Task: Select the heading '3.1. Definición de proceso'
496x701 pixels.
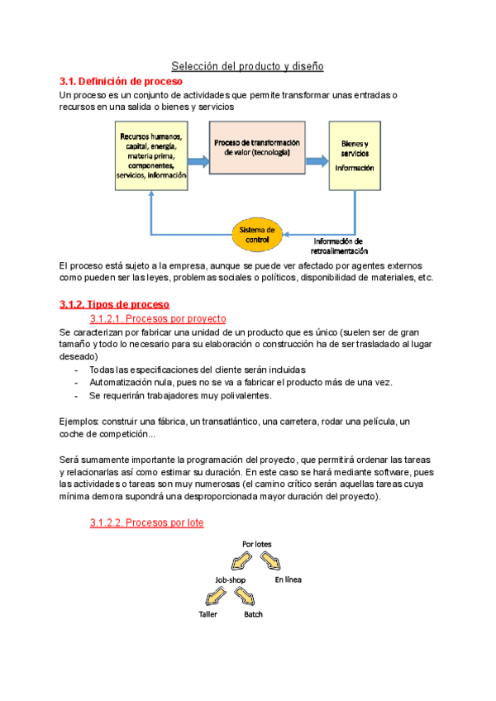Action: (121, 82)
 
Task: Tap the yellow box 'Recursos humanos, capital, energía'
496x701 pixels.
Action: (151, 155)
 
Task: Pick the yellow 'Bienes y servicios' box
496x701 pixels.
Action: (355, 155)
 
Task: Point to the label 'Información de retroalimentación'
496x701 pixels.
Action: (339, 246)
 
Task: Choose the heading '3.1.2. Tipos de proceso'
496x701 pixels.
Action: (114, 304)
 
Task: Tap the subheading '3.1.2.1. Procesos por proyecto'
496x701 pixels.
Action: (157, 319)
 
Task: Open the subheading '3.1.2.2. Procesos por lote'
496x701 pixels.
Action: (146, 522)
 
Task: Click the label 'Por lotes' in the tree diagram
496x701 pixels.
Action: (256, 544)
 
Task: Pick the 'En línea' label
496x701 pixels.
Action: (288, 579)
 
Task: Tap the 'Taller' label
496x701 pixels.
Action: (207, 614)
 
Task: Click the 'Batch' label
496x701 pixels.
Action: (253, 614)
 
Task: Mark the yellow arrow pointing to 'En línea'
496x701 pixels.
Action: (271, 561)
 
